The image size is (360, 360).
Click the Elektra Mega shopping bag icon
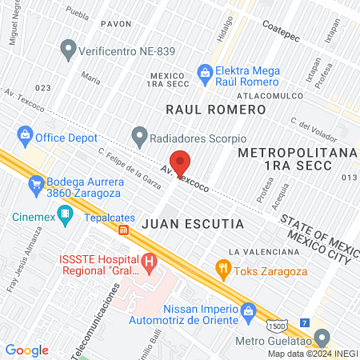click(x=206, y=73)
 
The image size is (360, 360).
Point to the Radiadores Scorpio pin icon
click(x=140, y=134)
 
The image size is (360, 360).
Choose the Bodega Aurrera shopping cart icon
click(x=36, y=187)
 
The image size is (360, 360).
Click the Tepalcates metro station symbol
click(x=123, y=230)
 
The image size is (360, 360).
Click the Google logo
click(x=27, y=350)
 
